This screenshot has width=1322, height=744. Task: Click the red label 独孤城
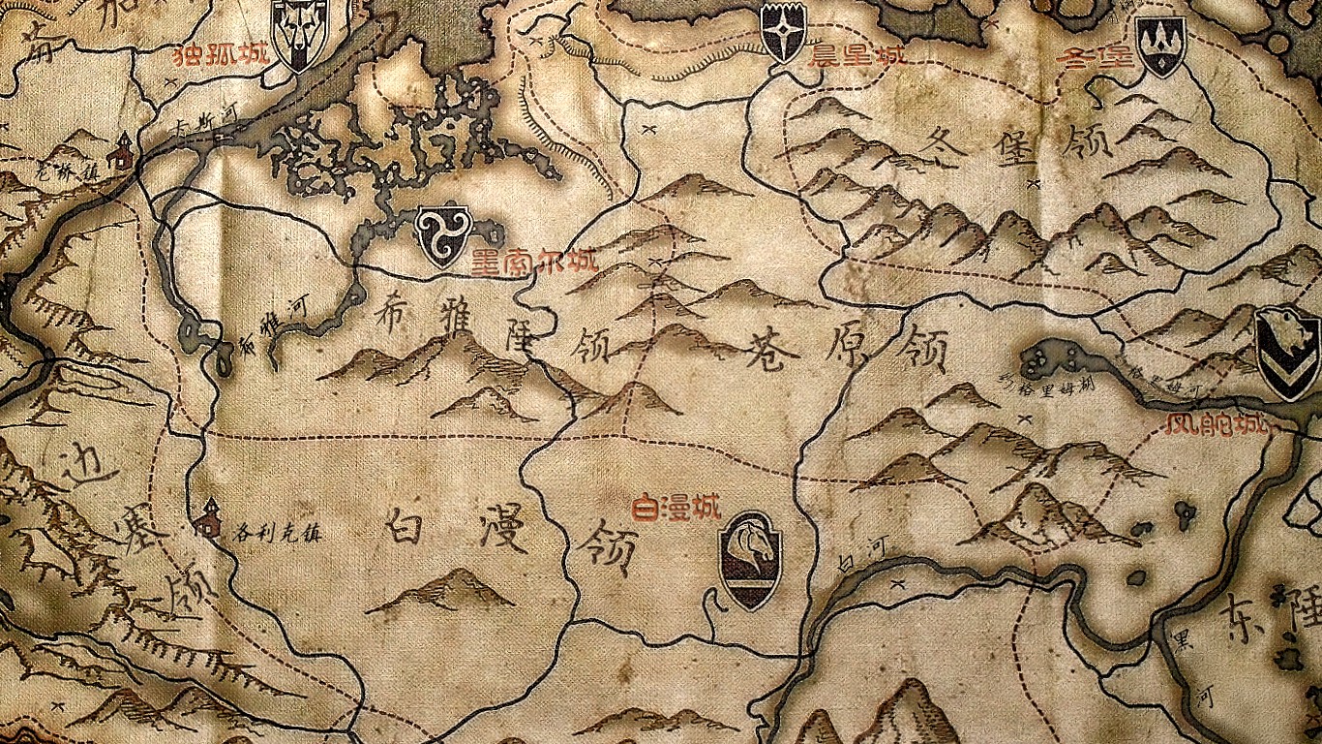[208, 55]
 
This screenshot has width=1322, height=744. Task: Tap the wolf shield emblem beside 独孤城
[299, 35]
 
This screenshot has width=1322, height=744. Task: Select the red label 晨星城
[856, 55]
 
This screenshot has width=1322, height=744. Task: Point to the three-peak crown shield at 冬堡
[1160, 45]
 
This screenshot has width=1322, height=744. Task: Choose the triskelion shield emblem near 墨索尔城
[442, 235]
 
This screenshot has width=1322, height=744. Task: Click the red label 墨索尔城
[534, 262]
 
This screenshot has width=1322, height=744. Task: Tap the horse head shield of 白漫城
[751, 560]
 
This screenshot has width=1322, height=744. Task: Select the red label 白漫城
[676, 507]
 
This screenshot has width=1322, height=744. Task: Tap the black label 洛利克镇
[277, 532]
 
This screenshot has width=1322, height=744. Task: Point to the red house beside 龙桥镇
[122, 152]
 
